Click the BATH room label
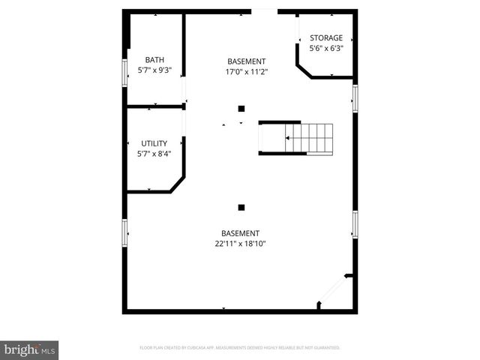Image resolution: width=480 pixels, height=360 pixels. tap(154, 60)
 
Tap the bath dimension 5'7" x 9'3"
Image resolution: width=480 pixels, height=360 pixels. tap(154, 70)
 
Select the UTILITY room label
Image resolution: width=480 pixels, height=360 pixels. tap(154, 143)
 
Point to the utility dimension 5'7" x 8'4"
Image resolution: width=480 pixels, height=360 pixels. tap(154, 154)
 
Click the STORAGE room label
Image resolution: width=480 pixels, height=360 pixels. tap(326, 38)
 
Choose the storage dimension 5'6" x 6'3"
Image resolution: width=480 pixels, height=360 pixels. tap(326, 49)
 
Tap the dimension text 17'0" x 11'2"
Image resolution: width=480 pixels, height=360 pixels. tap(247, 71)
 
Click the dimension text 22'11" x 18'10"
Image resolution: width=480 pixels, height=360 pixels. tap(240, 243)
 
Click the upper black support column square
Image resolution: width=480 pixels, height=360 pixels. tap(241, 109)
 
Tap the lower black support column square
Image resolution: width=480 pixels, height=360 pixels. tap(241, 207)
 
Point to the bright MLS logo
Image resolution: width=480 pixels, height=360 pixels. tap(29, 349)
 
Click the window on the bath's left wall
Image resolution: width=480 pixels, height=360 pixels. tap(125, 73)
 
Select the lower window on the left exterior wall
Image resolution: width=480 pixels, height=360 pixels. tap(125, 231)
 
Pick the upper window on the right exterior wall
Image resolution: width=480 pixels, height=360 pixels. tap(355, 97)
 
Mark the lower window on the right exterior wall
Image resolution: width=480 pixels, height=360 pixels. tap(355, 223)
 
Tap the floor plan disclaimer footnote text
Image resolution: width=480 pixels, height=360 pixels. tap(240, 348)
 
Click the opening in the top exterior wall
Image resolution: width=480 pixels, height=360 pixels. tap(264, 11)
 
